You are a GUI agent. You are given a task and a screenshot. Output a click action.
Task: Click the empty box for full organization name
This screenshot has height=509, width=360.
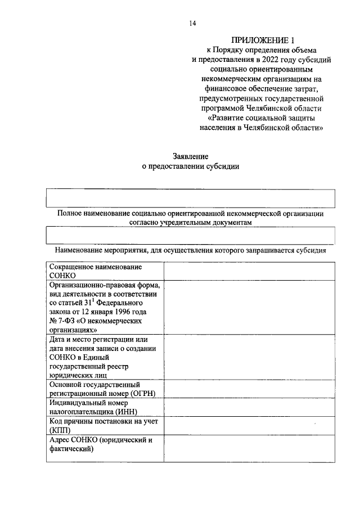191,199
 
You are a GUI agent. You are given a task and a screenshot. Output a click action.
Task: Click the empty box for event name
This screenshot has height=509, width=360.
191,235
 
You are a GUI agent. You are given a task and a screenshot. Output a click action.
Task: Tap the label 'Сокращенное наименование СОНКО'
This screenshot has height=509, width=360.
95,271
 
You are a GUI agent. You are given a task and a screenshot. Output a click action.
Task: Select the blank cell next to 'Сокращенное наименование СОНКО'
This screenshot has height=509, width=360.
249,271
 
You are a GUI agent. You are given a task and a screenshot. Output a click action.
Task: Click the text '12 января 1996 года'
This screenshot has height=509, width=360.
113,312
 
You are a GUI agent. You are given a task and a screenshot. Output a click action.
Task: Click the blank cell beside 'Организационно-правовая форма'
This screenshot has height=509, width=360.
249,307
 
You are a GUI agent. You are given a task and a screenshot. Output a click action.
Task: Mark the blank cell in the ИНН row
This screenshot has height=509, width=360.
249,407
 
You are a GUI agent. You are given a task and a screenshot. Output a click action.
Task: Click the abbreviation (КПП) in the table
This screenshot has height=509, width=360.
60,430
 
